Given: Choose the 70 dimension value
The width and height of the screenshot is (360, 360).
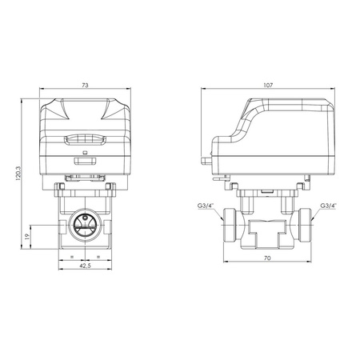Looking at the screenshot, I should pos(269,258).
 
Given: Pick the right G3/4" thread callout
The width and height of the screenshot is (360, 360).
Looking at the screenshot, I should pos(329,206).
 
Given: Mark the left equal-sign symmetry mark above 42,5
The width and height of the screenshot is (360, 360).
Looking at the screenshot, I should pos(73,257).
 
